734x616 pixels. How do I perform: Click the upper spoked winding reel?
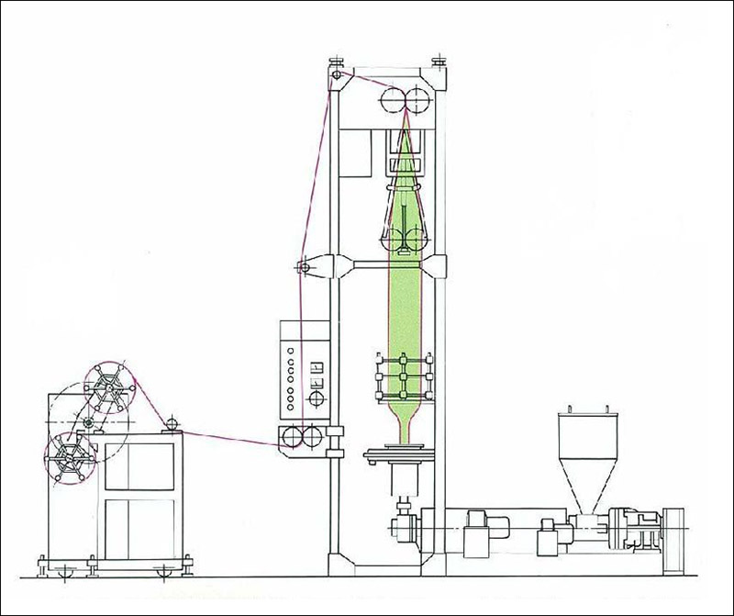click(109, 391)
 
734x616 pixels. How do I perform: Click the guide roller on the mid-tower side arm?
click(300, 267)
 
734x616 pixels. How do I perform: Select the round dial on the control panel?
click(318, 398)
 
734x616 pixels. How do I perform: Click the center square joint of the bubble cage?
click(402, 377)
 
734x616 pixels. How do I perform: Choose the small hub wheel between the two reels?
click(88, 422)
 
